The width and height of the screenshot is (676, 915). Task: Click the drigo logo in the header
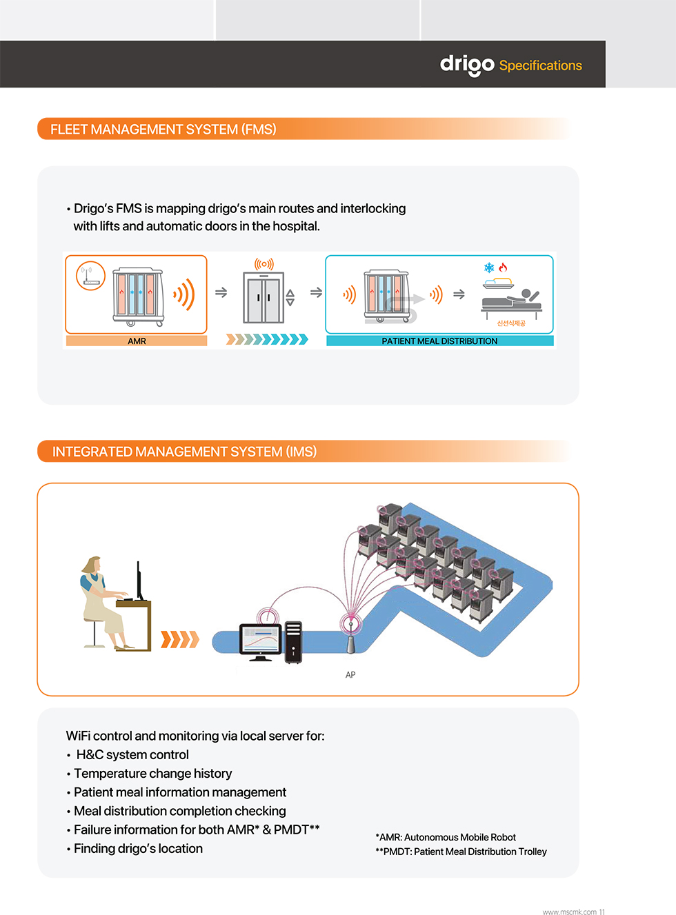click(x=467, y=66)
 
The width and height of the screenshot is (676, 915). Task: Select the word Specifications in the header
click(x=541, y=66)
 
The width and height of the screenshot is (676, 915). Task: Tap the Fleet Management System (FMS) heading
click(x=163, y=129)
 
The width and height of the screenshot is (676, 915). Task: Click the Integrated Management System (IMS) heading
click(x=184, y=452)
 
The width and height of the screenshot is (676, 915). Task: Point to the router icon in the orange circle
click(x=91, y=276)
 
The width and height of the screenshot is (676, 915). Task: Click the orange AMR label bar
click(x=137, y=341)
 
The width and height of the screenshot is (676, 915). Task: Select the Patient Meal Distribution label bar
click(x=439, y=341)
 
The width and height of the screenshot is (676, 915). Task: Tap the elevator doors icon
click(x=264, y=297)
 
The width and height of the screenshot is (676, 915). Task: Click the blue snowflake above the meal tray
click(x=489, y=268)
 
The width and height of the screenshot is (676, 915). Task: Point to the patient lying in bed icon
click(x=511, y=303)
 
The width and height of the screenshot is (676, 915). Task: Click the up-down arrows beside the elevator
click(x=290, y=297)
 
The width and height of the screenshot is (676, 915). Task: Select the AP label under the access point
click(x=350, y=674)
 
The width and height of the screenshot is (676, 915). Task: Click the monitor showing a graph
click(x=261, y=642)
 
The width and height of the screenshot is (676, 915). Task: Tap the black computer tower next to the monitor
click(x=293, y=643)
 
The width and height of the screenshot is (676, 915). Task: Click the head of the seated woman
click(x=92, y=564)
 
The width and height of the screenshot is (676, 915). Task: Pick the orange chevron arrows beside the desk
click(x=180, y=639)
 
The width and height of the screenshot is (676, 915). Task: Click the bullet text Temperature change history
click(x=152, y=773)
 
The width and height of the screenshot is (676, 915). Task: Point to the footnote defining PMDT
click(x=461, y=852)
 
